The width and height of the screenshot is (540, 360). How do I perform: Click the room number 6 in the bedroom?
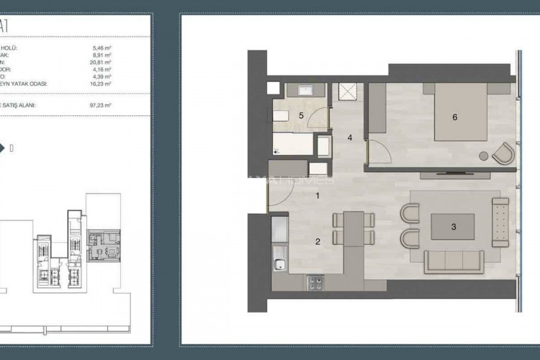(454, 117)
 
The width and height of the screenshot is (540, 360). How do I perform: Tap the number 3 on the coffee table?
(454, 227)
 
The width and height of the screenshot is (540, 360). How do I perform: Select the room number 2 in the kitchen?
(318, 242)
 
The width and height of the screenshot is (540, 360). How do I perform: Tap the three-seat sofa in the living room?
(454, 261)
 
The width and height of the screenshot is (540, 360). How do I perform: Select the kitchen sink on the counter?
(278, 264)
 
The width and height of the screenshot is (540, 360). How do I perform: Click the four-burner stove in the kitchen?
(316, 282)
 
